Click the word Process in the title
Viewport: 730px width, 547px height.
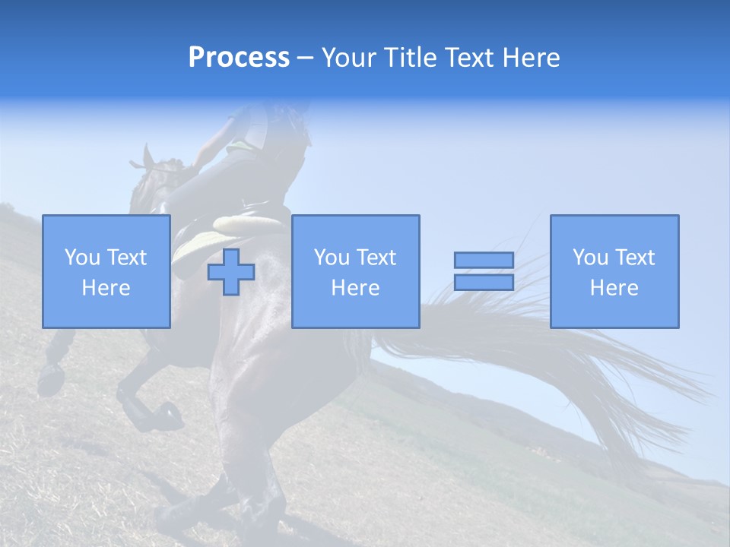point(239,58)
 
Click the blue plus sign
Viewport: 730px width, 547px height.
point(231,272)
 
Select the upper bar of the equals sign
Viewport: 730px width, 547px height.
point(484,260)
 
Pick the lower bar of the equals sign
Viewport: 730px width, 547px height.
point(484,283)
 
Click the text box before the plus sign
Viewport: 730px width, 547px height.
point(106,271)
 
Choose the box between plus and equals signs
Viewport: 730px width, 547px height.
point(355,271)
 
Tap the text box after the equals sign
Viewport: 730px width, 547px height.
point(614,271)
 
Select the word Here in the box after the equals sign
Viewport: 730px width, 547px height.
point(614,288)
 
